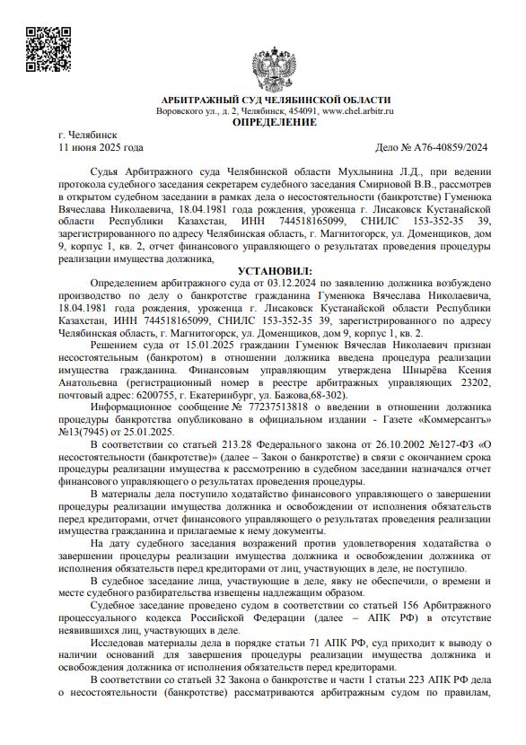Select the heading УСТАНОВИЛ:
(x=274, y=220)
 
